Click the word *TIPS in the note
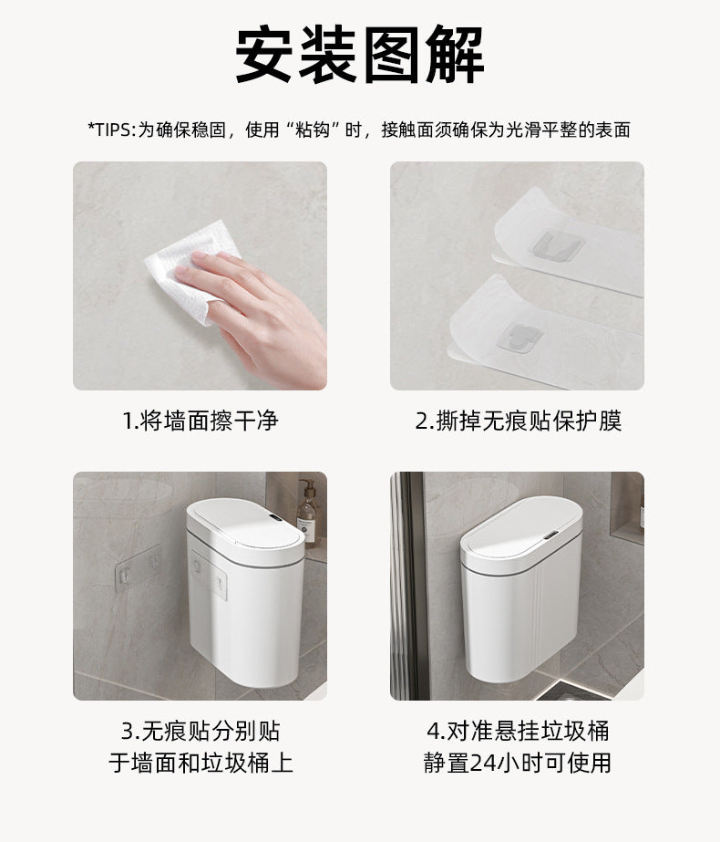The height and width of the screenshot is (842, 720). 110,130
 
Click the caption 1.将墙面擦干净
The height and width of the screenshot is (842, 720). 200,421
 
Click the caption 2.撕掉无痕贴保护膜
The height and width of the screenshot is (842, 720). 518,421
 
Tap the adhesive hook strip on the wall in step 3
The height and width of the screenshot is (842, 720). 137,566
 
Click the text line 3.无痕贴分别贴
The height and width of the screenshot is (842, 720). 200,731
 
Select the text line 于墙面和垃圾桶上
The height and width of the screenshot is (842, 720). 200,763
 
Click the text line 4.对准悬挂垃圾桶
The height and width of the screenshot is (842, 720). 518,731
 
